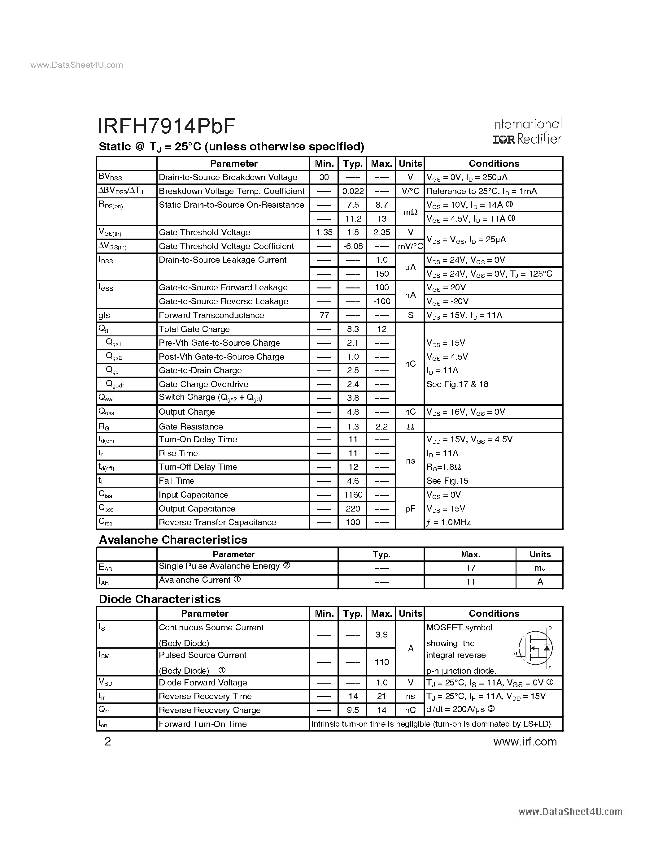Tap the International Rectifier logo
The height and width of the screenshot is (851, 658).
click(527, 131)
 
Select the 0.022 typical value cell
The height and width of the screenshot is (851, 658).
click(353, 191)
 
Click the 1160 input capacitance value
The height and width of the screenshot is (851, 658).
click(353, 495)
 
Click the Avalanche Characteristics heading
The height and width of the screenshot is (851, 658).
click(173, 540)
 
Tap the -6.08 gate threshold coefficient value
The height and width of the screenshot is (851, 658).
click(353, 246)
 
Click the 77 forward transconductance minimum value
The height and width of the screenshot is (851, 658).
click(324, 315)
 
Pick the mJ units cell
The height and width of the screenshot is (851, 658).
click(540, 568)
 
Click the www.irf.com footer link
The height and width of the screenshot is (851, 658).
click(525, 741)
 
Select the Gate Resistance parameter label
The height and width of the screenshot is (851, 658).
click(191, 426)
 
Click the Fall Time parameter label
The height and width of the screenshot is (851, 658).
click(176, 481)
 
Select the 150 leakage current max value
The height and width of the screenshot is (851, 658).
click(381, 274)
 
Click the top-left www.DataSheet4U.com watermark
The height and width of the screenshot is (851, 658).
click(76, 65)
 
